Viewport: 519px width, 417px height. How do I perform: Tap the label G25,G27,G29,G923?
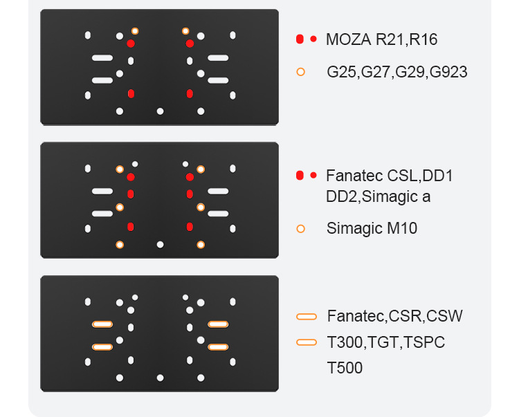397,72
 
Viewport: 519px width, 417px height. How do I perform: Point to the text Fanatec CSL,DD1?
389,176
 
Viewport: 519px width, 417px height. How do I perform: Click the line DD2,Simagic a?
378,196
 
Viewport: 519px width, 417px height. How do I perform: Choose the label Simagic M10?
372,228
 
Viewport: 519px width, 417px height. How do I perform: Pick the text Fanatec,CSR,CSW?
394,317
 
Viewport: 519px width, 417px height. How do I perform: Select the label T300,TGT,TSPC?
385,342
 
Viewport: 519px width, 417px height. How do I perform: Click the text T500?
344,368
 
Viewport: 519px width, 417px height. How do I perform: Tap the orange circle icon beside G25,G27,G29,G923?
300,72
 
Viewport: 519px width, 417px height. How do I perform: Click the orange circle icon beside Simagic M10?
300,228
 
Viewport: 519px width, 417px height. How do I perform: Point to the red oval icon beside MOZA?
300,39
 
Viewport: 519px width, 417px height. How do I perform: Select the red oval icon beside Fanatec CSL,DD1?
300,176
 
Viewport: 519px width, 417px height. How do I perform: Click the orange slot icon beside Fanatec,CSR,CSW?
306,317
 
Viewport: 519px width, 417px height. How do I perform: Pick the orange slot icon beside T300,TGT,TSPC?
306,342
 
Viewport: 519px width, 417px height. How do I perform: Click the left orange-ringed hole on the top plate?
135,31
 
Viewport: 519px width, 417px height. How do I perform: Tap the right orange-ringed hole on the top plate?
185,31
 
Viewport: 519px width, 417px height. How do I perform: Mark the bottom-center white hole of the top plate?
160,111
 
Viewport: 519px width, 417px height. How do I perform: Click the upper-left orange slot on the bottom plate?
102,324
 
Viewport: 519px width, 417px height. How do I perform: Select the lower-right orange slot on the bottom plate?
218,346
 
